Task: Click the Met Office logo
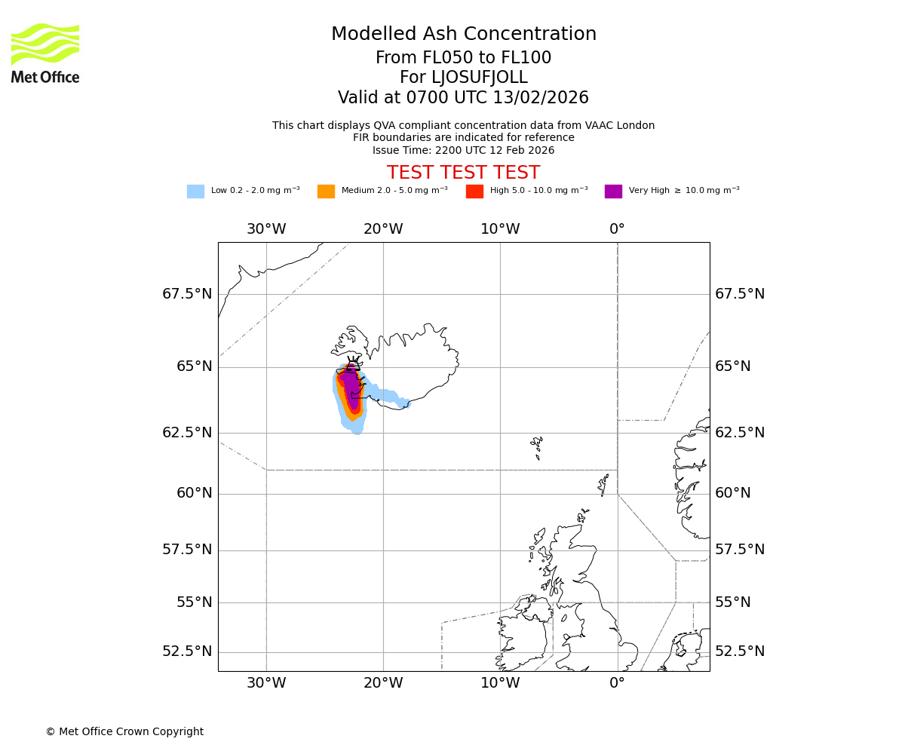[45, 53]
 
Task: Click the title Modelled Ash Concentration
[463, 35]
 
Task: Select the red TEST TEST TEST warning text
[463, 173]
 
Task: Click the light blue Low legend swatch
[195, 192]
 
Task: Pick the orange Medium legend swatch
[326, 192]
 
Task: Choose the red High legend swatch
[474, 192]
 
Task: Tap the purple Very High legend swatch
[613, 192]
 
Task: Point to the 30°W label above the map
[266, 229]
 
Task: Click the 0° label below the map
[617, 683]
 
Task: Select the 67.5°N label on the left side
[187, 294]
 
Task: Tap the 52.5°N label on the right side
[740, 651]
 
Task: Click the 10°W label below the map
[500, 683]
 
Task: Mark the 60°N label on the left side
[194, 493]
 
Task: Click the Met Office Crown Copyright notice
[124, 731]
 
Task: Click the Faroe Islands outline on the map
[536, 445]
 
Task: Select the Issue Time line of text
[463, 150]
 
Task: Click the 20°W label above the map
[383, 229]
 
